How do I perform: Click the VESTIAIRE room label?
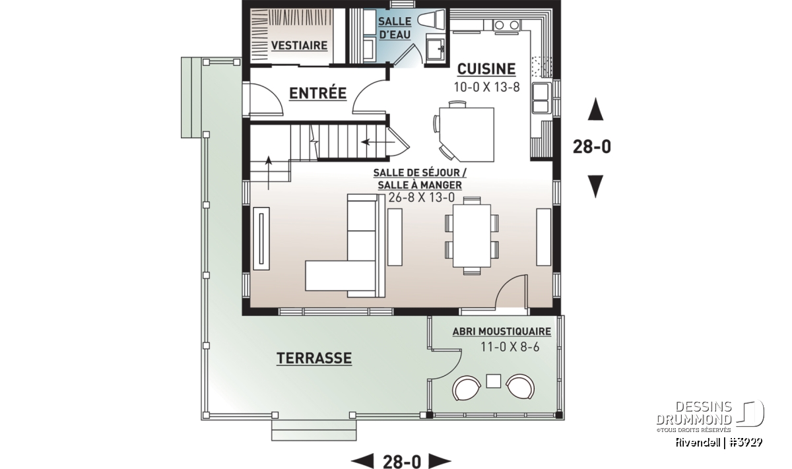pos(299,46)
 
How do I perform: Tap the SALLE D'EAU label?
pos(395,28)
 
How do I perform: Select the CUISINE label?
pos(486,69)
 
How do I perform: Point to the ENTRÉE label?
pos(317,93)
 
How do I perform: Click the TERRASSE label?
pos(314,358)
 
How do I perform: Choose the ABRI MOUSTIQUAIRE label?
pos(502,332)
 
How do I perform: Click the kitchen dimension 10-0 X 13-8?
pos(486,87)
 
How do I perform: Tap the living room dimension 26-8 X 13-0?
pos(421,198)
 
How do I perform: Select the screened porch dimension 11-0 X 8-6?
pos(510,347)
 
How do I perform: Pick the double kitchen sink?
pos(541,98)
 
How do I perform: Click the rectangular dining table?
pos(472,236)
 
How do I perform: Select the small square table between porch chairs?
pos(493,381)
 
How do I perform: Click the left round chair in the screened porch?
pos(467,387)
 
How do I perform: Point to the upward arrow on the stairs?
pos(269,173)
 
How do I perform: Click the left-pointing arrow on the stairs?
pos(378,142)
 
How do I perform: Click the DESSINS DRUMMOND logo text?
pos(694,413)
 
